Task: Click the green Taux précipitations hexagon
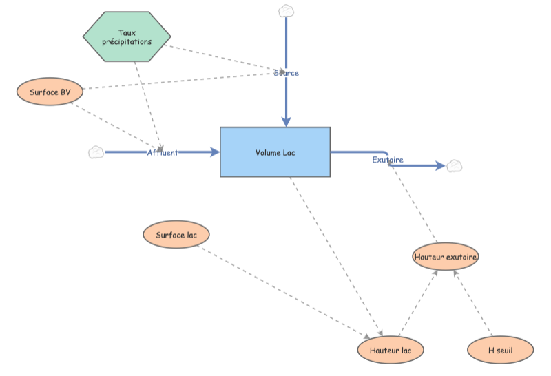127,36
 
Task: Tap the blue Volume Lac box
275,152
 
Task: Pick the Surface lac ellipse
176,235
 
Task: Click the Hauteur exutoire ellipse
446,256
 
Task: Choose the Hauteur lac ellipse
391,350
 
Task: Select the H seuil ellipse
500,350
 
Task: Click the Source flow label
286,72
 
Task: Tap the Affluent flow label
162,152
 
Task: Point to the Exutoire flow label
388,160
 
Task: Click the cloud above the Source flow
286,11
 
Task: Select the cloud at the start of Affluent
96,152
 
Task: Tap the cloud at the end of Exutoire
454,166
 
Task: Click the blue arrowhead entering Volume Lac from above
286,121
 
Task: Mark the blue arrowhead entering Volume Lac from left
214,152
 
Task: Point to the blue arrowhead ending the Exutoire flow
439,166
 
